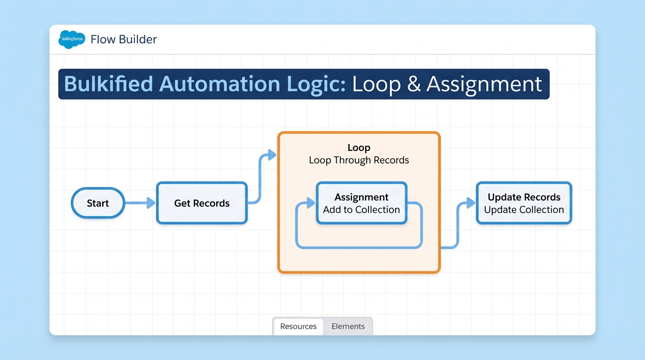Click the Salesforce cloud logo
(x=72, y=39)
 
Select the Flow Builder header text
(x=124, y=39)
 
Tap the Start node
(x=98, y=203)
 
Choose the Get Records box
(x=202, y=203)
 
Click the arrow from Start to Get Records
(x=140, y=203)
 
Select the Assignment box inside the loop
(x=361, y=203)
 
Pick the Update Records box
(x=524, y=203)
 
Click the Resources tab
(x=298, y=326)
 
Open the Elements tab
(x=348, y=326)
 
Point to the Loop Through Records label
(x=359, y=160)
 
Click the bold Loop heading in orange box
(x=359, y=148)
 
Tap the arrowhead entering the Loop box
(x=272, y=155)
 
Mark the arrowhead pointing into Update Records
(x=471, y=203)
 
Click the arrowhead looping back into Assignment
(x=310, y=203)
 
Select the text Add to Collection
(x=361, y=210)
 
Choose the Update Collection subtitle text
(x=524, y=210)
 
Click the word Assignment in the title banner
(x=484, y=84)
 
